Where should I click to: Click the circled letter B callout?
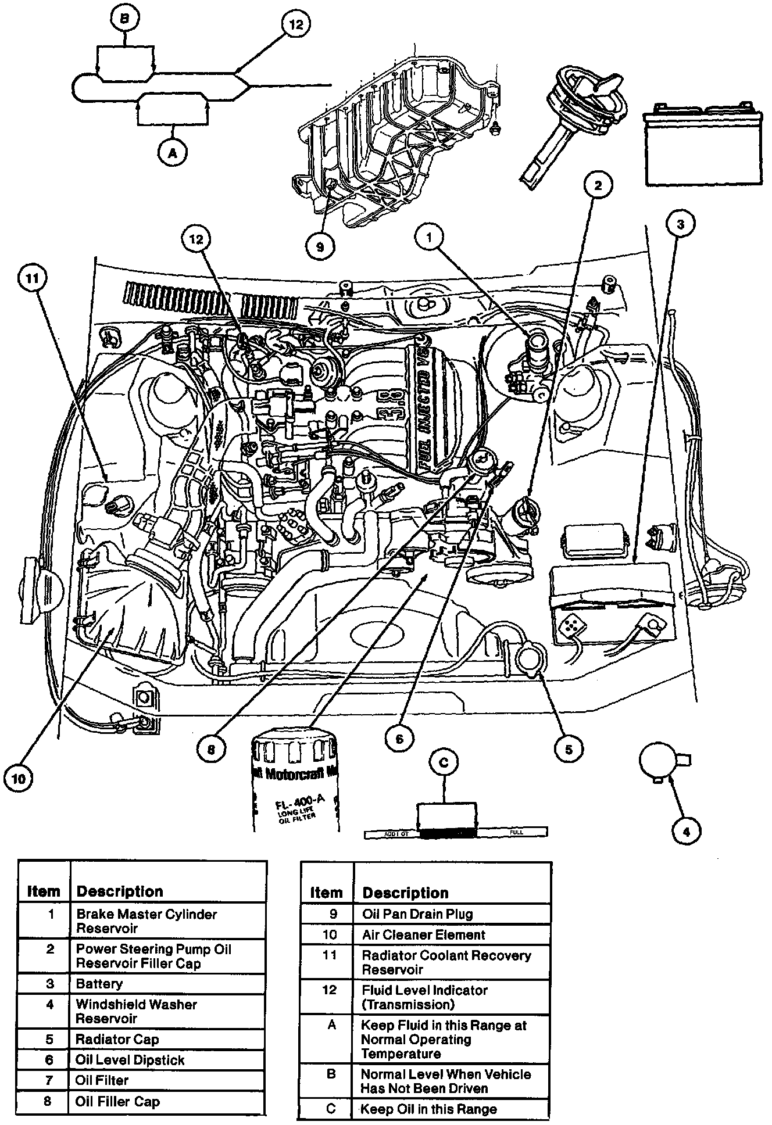125,19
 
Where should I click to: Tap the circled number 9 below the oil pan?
320,246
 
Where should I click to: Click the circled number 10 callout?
19,778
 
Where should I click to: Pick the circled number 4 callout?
687,832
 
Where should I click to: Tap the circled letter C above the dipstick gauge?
444,762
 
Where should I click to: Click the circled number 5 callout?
568,749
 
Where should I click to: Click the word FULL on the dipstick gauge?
516,833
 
